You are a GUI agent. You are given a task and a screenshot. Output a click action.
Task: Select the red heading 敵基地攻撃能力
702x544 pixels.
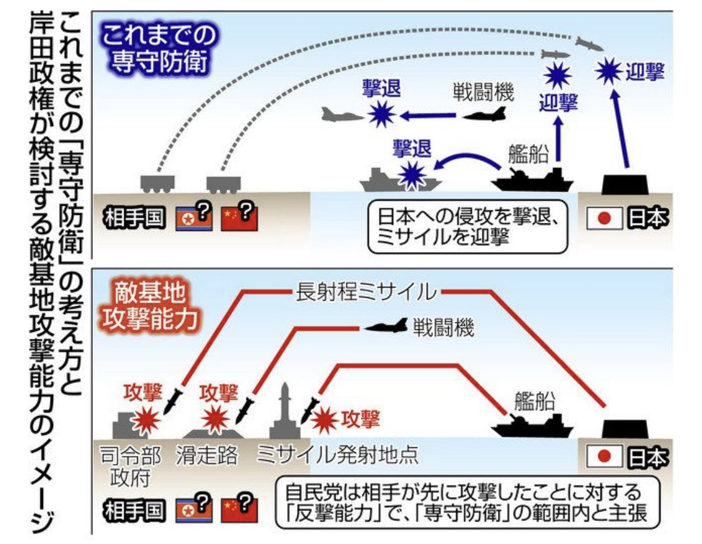148,306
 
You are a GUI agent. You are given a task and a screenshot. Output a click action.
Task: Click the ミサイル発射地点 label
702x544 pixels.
338,455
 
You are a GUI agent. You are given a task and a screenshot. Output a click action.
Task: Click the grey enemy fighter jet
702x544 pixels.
342,114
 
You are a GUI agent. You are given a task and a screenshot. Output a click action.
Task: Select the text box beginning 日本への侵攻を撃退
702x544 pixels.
468,226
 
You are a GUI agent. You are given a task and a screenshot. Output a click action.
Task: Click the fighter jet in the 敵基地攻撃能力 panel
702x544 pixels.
384,326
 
